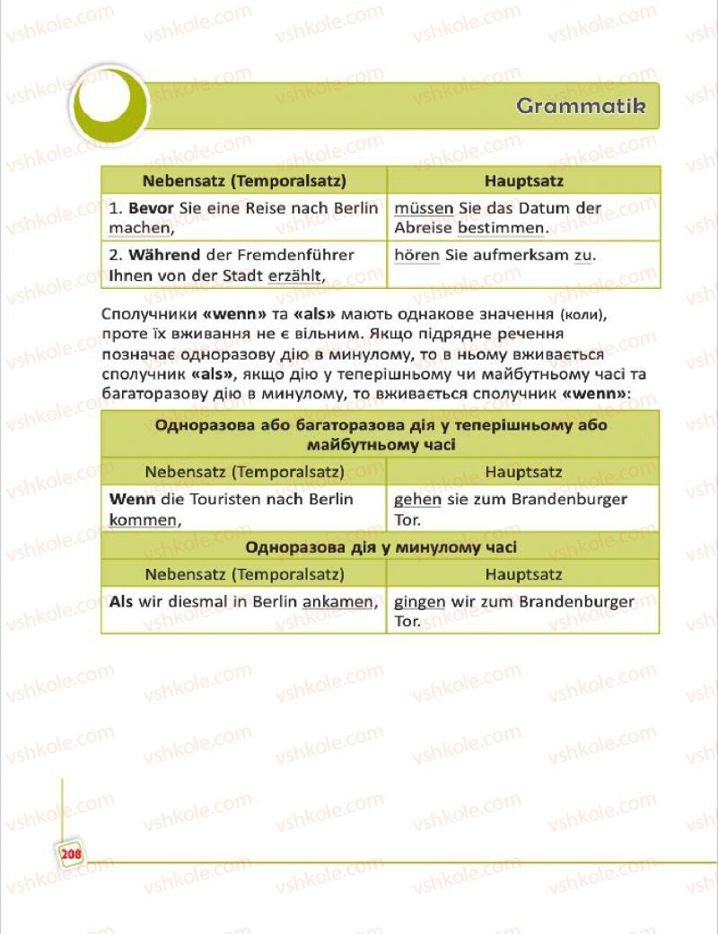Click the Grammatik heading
(x=582, y=106)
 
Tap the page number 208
(x=71, y=854)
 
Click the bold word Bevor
(x=144, y=207)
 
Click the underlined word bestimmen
(x=502, y=228)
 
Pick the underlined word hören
(x=416, y=255)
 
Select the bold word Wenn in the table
(x=127, y=499)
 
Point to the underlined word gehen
(x=417, y=499)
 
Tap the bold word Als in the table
(x=121, y=601)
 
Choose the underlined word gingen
(x=419, y=601)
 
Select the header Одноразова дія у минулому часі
(x=381, y=546)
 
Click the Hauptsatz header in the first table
(x=523, y=180)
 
